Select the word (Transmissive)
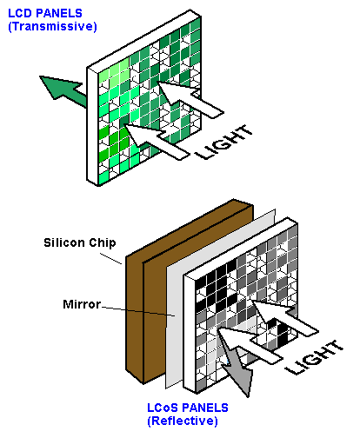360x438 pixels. (x=52, y=26)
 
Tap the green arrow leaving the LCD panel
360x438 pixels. (x=63, y=91)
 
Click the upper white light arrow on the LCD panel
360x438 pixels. (x=190, y=98)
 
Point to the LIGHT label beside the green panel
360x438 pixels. (x=224, y=142)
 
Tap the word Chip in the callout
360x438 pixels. (x=103, y=243)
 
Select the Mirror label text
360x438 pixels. (x=82, y=304)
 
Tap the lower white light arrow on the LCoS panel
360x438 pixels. (x=250, y=345)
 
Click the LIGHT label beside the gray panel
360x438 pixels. (x=314, y=357)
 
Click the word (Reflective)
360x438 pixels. (x=183, y=421)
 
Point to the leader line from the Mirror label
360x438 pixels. (x=138, y=311)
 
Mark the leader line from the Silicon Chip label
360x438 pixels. (x=111, y=258)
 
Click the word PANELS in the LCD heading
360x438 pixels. (x=59, y=13)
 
